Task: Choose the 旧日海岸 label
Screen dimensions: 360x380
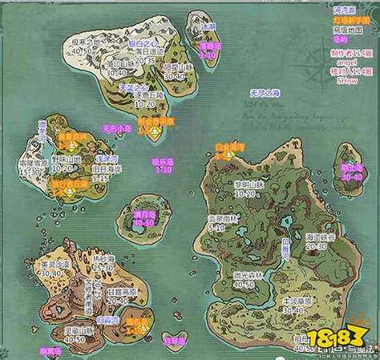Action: coord(105,170)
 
